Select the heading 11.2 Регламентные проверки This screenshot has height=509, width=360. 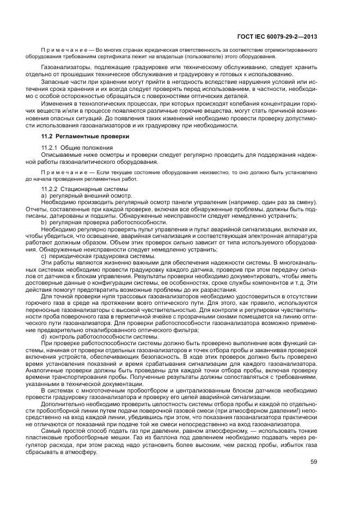pyautogui.click(x=86, y=136)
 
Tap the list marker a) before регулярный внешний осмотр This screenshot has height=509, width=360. pyautogui.click(x=44, y=195)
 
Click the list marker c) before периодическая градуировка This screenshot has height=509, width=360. pyautogui.click(x=44, y=256)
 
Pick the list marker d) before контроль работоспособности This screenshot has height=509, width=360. pyautogui.click(x=44, y=336)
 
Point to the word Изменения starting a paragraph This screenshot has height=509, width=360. pyautogui.click(x=59, y=104)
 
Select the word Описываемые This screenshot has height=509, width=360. pyautogui.click(x=62, y=155)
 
